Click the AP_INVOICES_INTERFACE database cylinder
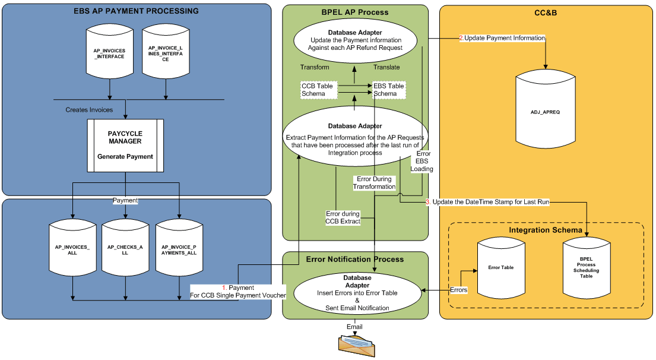coord(109,52)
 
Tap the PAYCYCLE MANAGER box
coord(125,146)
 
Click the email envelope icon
coord(354,345)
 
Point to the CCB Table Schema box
coord(318,90)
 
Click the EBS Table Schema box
coord(388,90)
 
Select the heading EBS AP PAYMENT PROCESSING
coord(136,11)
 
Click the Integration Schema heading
coord(546,230)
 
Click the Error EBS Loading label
coord(423,161)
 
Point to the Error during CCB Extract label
coord(343,217)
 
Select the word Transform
coord(315,67)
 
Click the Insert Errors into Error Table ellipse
coord(356,292)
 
